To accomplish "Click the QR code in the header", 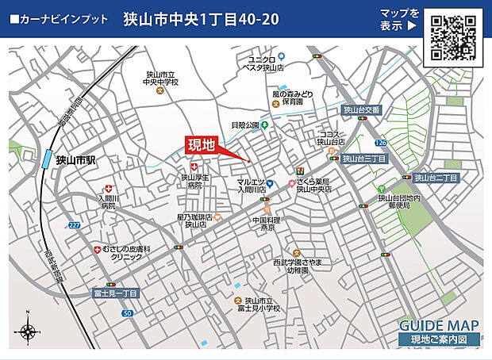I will point(453,38).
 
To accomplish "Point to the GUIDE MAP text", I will point(438,325).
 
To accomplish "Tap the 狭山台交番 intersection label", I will point(363,110).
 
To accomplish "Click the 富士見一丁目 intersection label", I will point(115,293).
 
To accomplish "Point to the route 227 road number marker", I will point(74,225).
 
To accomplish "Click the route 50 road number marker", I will point(127,314).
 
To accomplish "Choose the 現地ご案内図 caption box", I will point(439,340).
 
